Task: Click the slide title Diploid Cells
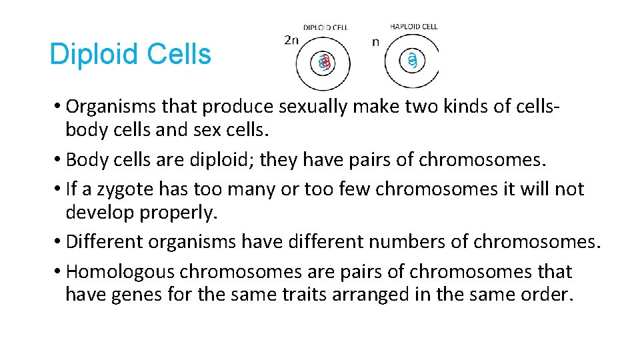pyautogui.click(x=130, y=54)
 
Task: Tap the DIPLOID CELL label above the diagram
pyautogui.click(x=325, y=27)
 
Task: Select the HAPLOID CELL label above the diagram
pyautogui.click(x=413, y=27)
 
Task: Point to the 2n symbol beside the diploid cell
pyautogui.click(x=291, y=40)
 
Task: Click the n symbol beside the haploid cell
pyautogui.click(x=375, y=42)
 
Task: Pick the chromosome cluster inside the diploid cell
pyautogui.click(x=324, y=63)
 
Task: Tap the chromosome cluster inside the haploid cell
pyautogui.click(x=413, y=61)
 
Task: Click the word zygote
pyautogui.click(x=128, y=189)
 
